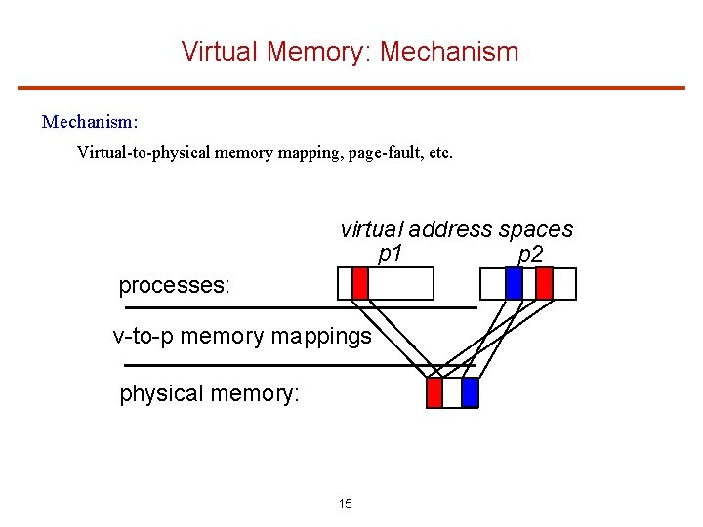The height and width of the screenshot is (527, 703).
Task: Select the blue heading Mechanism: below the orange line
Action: click(90, 122)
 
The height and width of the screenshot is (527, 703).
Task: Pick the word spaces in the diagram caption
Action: click(535, 229)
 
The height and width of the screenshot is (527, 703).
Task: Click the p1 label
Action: click(391, 254)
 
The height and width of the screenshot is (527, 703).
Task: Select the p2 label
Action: click(531, 254)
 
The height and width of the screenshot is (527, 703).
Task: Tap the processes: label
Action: click(174, 285)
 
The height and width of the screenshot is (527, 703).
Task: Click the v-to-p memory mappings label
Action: click(242, 337)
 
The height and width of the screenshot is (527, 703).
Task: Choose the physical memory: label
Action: click(209, 393)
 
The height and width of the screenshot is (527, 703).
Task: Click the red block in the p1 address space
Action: click(360, 283)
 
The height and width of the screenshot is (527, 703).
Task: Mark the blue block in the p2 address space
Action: click(514, 283)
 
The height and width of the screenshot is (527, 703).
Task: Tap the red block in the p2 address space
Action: click(545, 283)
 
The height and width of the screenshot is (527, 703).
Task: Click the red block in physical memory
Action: click(435, 392)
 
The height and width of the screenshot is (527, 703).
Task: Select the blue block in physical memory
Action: click(470, 392)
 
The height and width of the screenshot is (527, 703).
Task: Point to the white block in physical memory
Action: click(452, 392)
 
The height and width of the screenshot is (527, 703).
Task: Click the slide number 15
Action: click(346, 504)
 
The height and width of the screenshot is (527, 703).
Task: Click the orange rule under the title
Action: click(351, 88)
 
